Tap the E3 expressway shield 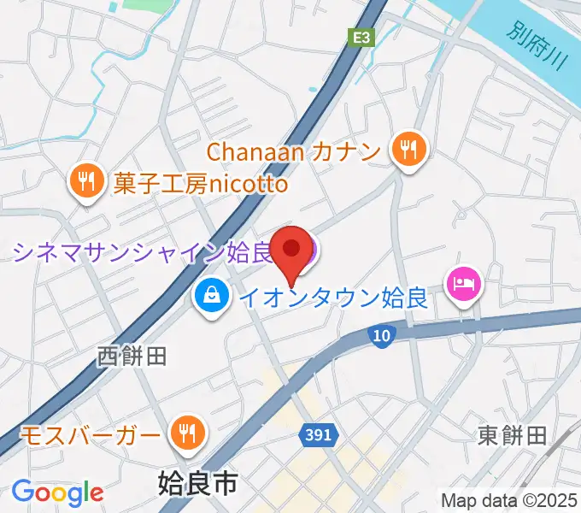point(362,37)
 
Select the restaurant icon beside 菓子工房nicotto point(86,181)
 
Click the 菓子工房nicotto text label point(202,182)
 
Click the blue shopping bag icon point(210,298)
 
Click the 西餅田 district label point(132,354)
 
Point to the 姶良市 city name point(197,485)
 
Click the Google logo point(57,493)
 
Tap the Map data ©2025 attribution point(508,500)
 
